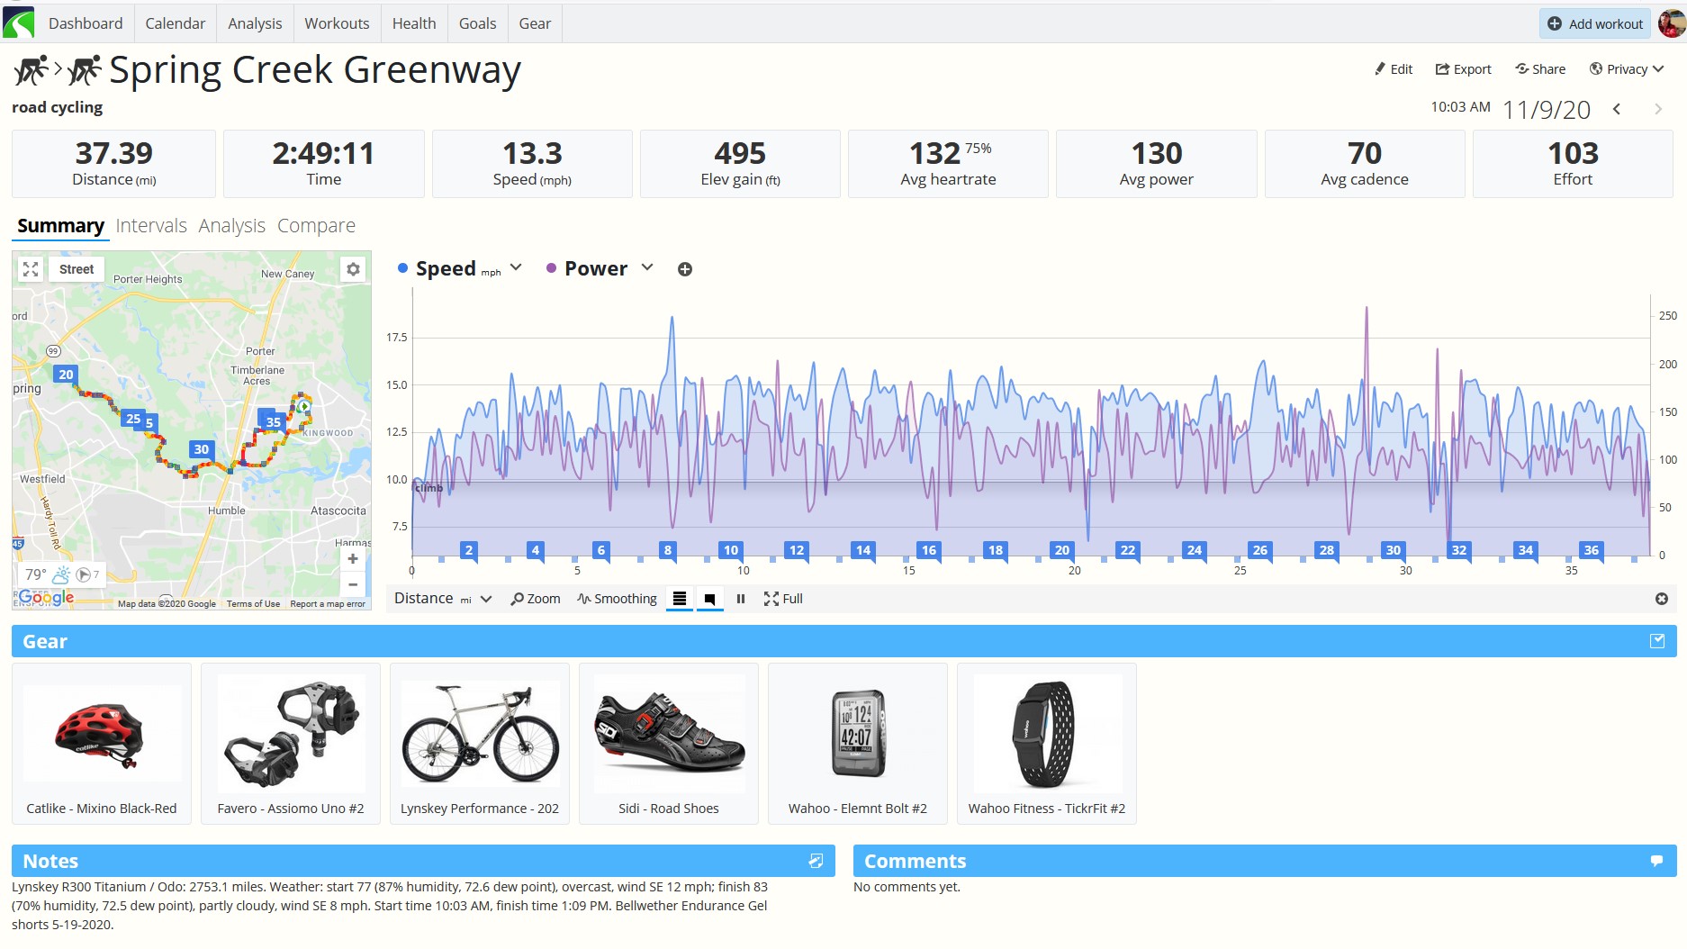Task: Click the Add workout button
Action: tap(1594, 23)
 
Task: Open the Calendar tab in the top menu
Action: tap(175, 23)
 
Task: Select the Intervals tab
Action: tap(151, 225)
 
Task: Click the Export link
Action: tap(1463, 69)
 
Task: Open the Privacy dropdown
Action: tap(1627, 69)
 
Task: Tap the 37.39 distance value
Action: tap(114, 153)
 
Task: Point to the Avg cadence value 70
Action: tap(1365, 153)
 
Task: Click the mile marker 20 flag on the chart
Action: tap(1062, 550)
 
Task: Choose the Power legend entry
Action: tap(596, 268)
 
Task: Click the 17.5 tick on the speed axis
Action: tap(397, 338)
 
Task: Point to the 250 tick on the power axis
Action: tap(1668, 316)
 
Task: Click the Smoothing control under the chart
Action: tap(618, 599)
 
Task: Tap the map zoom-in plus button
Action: tap(353, 559)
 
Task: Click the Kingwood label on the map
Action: tap(328, 433)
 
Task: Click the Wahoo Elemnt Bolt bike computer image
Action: tap(857, 733)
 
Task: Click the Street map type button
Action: tap(77, 269)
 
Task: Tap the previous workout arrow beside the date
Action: tap(1617, 109)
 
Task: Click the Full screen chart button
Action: tap(783, 599)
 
